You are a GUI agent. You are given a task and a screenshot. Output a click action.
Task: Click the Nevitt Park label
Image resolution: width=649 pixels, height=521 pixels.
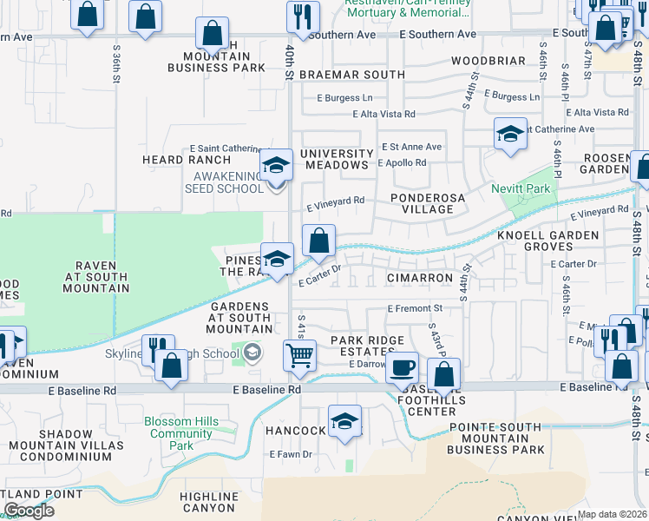click(x=526, y=188)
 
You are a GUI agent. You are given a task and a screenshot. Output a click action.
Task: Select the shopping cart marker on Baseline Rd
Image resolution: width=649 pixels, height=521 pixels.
click(x=299, y=353)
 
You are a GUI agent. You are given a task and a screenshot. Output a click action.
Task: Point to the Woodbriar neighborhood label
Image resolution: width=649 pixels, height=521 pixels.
click(x=488, y=61)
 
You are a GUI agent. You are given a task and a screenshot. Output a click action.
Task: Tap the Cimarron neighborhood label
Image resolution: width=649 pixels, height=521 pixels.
click(x=420, y=278)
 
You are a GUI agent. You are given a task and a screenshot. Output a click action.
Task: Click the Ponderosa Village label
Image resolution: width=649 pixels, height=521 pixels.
click(x=422, y=203)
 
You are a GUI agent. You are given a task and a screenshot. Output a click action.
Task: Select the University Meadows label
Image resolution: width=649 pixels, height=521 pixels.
click(x=335, y=159)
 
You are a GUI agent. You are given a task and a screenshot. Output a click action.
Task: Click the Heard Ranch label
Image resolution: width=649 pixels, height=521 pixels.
click(x=187, y=160)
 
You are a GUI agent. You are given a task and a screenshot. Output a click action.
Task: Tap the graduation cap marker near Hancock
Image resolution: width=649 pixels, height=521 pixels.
click(x=344, y=421)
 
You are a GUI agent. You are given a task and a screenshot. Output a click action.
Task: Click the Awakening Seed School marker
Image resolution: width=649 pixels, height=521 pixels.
click(x=276, y=164)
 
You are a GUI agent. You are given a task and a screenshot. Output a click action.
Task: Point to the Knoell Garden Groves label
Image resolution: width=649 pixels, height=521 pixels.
click(x=547, y=241)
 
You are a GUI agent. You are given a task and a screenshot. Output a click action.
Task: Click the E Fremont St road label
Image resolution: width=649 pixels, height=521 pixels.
click(x=415, y=308)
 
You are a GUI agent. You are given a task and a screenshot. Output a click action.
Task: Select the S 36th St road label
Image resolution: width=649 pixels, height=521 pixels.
click(x=117, y=65)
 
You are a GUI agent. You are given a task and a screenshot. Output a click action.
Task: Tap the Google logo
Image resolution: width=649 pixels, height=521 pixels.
click(x=28, y=510)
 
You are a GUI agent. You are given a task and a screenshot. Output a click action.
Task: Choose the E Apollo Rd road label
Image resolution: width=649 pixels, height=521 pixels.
click(x=402, y=162)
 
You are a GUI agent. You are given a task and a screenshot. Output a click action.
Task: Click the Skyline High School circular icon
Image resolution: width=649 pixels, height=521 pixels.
click(x=252, y=352)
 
